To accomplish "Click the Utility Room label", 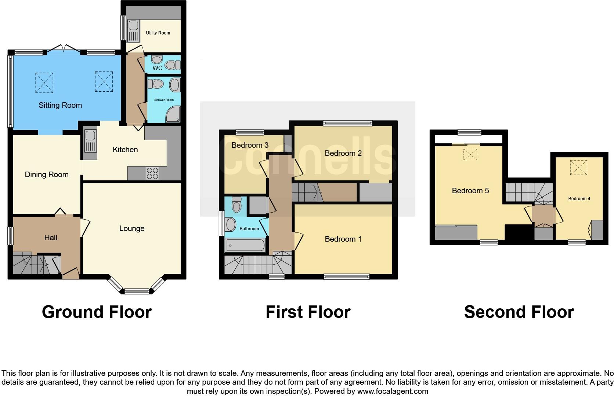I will click(x=158, y=33).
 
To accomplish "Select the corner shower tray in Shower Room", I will click(x=173, y=115).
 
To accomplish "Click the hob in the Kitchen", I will click(x=152, y=173).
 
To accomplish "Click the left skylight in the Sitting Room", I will click(x=44, y=82).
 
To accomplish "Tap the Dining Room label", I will click(x=47, y=175).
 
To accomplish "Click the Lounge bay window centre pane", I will click(x=137, y=291).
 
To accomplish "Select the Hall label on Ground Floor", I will click(x=51, y=238).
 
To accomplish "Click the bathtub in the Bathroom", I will click(x=245, y=246).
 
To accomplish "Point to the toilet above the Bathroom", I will click(x=236, y=205).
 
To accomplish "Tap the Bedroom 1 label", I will click(x=343, y=239).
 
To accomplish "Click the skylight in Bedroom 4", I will click(x=578, y=168).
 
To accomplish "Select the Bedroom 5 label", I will click(x=470, y=191).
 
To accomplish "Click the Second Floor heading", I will click(x=519, y=312).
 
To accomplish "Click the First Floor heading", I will click(x=308, y=312).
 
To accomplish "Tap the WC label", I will click(x=158, y=68).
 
